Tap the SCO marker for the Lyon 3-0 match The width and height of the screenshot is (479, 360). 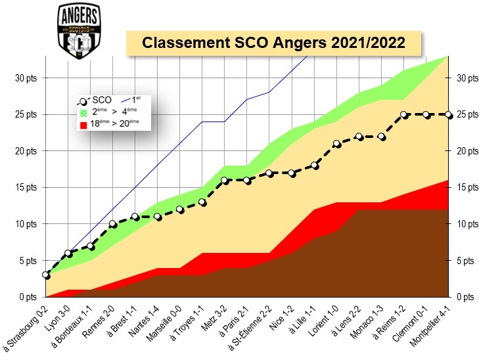(x=68, y=254)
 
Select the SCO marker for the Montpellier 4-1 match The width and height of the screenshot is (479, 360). (x=449, y=114)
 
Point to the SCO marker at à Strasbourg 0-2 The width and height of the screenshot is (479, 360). (x=45, y=275)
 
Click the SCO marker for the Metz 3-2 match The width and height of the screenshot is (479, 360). (x=225, y=180)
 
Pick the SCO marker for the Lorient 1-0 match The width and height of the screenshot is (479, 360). (x=336, y=144)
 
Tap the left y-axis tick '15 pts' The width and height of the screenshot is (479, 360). (x=26, y=187)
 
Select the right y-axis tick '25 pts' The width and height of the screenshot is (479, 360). (x=465, y=114)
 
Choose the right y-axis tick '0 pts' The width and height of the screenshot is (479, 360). (x=464, y=297)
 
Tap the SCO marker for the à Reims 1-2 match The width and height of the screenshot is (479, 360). (x=405, y=114)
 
